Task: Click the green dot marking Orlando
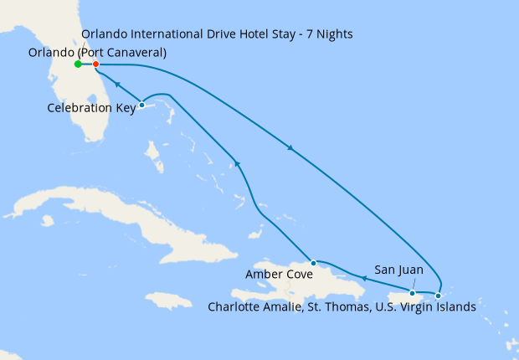pos(78,64)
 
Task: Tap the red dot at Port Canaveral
pos(96,64)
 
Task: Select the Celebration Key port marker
pos(142,105)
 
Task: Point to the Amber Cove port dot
pos(313,263)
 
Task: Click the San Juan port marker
pos(413,293)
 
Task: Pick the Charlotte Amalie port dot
pos(438,296)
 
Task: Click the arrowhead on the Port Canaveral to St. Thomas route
pos(290,149)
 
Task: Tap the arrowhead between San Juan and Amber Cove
pos(365,275)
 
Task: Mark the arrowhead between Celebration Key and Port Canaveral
pos(116,85)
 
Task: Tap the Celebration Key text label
pos(91,108)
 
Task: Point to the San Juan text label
pos(398,270)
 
